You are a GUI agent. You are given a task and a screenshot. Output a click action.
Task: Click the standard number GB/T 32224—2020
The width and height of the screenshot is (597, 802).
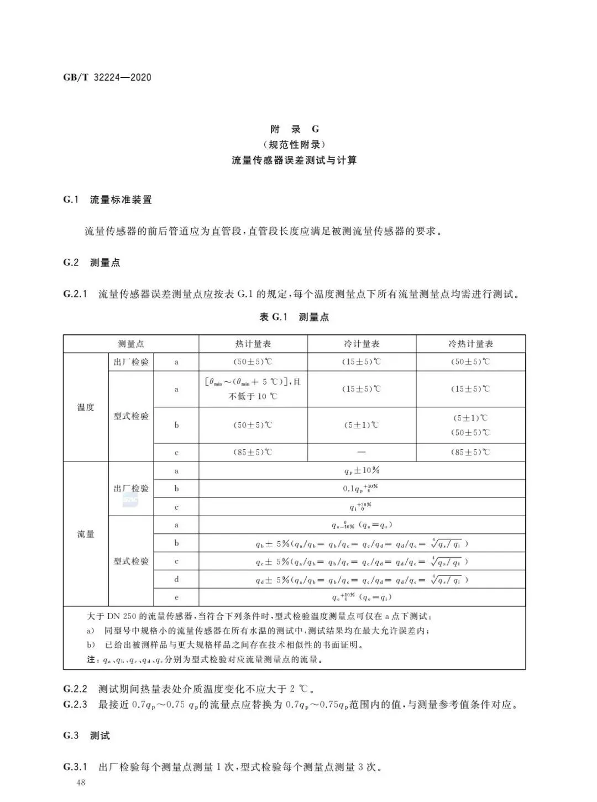[x=107, y=77]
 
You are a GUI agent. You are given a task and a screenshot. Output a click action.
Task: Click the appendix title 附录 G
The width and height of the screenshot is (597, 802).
[x=295, y=129]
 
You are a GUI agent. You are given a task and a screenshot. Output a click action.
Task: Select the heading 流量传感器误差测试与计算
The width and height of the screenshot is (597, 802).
[x=295, y=161]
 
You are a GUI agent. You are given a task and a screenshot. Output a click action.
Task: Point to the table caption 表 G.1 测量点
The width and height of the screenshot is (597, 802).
[x=294, y=317]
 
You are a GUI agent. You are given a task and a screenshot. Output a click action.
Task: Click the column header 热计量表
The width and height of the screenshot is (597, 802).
[x=253, y=344]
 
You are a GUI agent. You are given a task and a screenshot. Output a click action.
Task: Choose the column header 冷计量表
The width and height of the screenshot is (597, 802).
[x=362, y=344]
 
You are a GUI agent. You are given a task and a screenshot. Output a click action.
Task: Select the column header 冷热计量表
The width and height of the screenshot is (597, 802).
[x=470, y=344]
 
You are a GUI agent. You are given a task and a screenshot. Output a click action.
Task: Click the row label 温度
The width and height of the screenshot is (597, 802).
[x=86, y=407]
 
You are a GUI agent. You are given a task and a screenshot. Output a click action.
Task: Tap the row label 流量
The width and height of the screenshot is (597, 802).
[x=86, y=534]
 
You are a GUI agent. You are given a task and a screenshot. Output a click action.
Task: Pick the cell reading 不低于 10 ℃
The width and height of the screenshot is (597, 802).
[x=253, y=396]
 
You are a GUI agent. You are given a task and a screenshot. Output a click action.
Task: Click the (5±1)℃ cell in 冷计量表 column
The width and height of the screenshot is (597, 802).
[x=362, y=425]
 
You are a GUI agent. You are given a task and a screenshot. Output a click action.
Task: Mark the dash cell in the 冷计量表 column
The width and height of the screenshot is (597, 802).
[x=362, y=452]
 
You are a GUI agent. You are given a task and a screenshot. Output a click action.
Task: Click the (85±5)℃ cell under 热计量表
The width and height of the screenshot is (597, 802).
[x=253, y=452]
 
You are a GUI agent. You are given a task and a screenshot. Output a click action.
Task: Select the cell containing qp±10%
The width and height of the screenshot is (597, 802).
[x=362, y=471]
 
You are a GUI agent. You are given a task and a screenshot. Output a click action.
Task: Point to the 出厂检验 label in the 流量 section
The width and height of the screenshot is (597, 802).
[x=131, y=489]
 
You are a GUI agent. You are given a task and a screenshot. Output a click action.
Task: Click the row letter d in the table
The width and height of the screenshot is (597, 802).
[x=176, y=579]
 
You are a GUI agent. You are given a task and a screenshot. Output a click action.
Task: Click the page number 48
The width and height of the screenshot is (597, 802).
[x=81, y=783]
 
